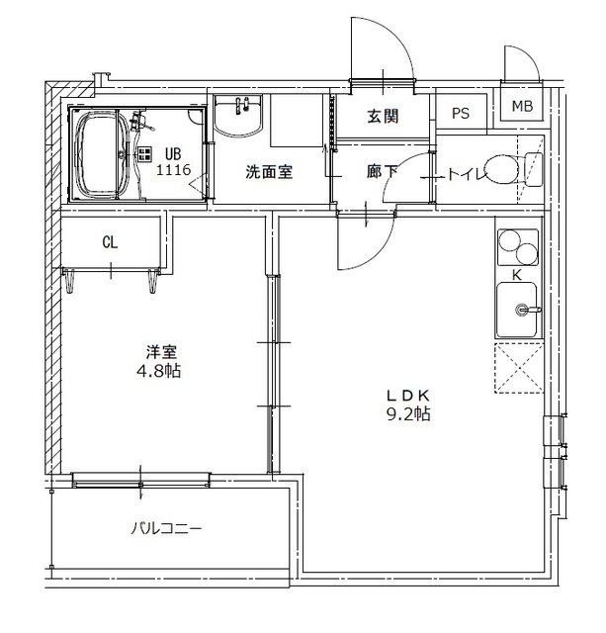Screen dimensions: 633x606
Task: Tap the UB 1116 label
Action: [x=172, y=161]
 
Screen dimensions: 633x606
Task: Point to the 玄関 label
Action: [x=383, y=117]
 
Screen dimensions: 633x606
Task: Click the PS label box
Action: [x=461, y=114]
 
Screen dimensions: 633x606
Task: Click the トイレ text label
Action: [x=466, y=175]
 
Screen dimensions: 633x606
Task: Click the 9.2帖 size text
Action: [x=407, y=414]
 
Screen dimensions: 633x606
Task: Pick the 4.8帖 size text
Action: [x=160, y=371]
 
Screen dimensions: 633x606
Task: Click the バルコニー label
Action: [x=165, y=528]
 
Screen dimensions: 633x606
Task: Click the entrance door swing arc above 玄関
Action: [x=383, y=45]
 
